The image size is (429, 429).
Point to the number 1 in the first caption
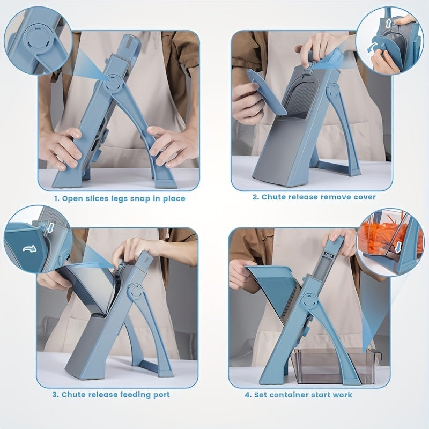[x=56, y=198]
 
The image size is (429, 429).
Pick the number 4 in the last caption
[x=247, y=395]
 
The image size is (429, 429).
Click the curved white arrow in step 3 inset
[x=29, y=249]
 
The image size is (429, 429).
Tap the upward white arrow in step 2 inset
[x=388, y=23]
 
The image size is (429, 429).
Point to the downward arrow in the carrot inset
[x=398, y=247]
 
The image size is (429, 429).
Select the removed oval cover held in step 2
[x=266, y=92]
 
